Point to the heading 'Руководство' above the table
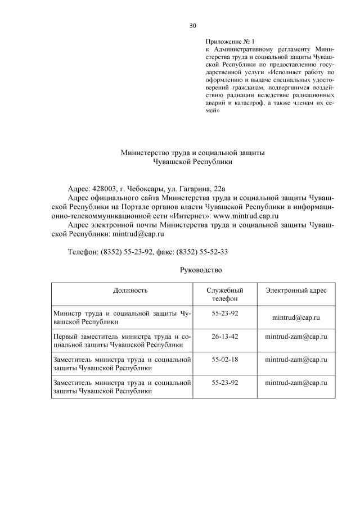pyautogui.click(x=201, y=270)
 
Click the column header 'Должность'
pyautogui.click(x=130, y=291)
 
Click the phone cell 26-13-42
pyautogui.click(x=225, y=336)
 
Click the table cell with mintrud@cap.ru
pyautogui.click(x=296, y=317)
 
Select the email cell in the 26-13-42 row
pyautogui.click(x=296, y=337)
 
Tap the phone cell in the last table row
pyautogui.click(x=225, y=382)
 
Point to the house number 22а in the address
pyautogui.click(x=217, y=188)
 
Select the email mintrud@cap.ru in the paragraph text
pyautogui.click(x=138, y=233)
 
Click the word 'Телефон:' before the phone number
pyautogui.click(x=83, y=252)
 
